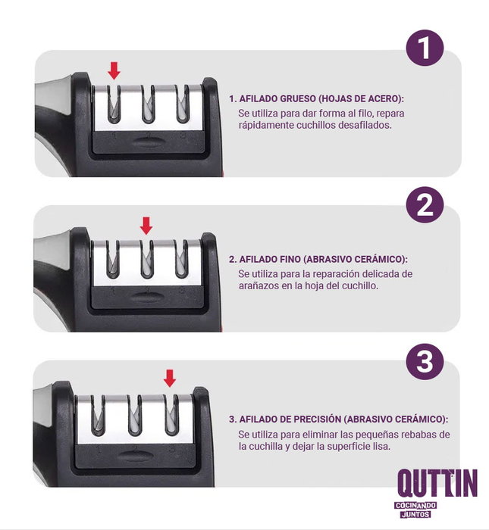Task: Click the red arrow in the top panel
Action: pos(114,71)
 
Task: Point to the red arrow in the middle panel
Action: pos(146,226)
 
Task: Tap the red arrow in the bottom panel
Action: pos(170,378)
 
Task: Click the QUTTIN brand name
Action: pos(437,484)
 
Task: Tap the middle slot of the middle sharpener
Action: pos(147,260)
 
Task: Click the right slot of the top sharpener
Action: pos(183,104)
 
